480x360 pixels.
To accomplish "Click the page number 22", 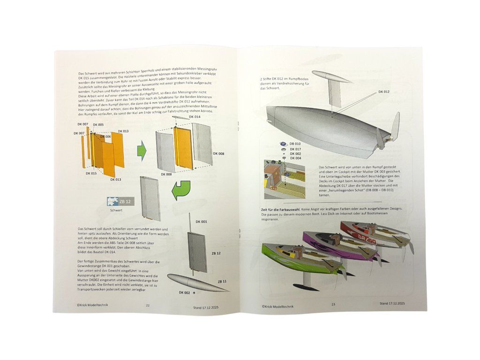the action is click(x=148, y=306).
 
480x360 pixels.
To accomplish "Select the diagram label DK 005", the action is click(x=98, y=125).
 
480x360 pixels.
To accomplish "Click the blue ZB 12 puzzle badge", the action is click(x=120, y=201).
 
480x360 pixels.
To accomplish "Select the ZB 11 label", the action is click(x=222, y=282).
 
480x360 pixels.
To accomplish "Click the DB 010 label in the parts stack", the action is click(x=295, y=143).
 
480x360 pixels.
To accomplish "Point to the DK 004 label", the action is click(x=295, y=158).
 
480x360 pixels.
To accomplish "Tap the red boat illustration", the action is click(x=375, y=234).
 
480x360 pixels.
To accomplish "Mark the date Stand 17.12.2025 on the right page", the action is click(x=392, y=304).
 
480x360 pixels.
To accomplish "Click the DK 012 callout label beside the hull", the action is click(x=383, y=92).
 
